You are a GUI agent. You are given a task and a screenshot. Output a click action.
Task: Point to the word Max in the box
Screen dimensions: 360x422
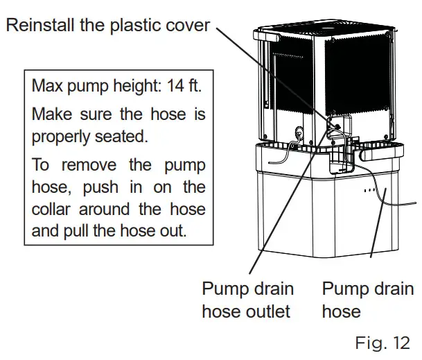coord(46,88)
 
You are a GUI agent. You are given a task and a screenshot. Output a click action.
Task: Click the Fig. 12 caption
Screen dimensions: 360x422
coord(382,343)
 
